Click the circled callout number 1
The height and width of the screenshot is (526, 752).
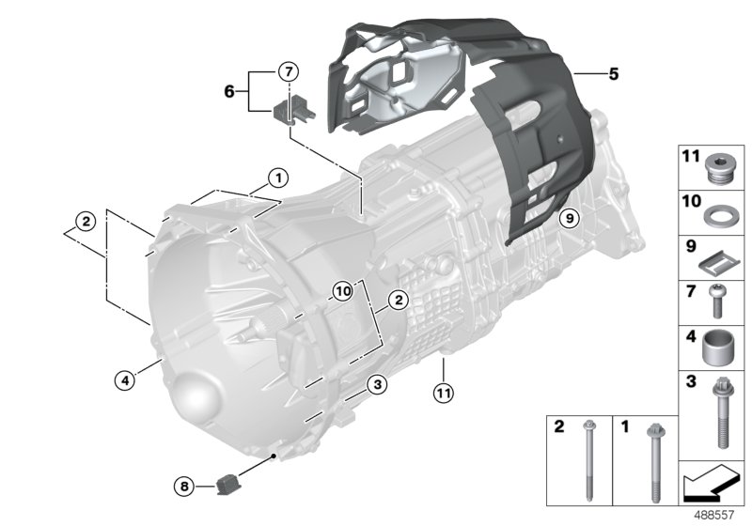click(x=277, y=176)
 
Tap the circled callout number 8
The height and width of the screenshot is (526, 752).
click(x=184, y=486)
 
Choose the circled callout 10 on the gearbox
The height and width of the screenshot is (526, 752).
click(x=342, y=292)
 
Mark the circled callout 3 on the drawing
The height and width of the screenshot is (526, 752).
click(x=375, y=383)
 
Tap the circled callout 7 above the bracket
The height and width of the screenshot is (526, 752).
click(x=289, y=70)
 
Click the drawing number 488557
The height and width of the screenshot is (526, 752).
click(x=713, y=515)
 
